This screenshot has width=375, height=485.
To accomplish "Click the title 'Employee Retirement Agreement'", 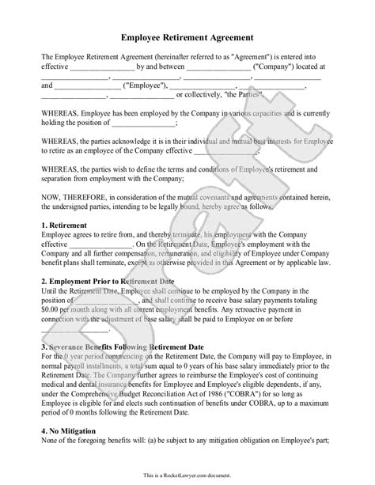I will point(187,36).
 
